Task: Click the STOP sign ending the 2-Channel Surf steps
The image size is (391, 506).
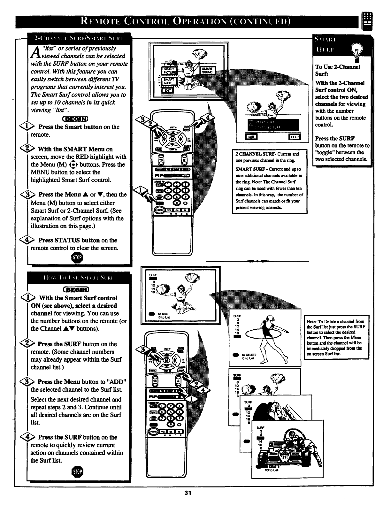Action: pos(77,257)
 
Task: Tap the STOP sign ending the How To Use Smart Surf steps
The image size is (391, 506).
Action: pos(78,471)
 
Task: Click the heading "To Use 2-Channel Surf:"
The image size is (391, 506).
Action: pos(337,70)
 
